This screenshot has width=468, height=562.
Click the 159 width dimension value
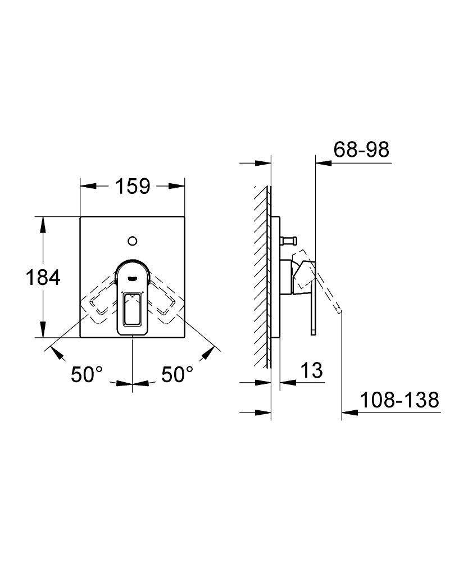tap(133, 185)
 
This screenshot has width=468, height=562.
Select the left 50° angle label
tap(87, 374)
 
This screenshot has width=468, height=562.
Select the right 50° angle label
tap(177, 374)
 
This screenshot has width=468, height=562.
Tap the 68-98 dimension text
tap(361, 150)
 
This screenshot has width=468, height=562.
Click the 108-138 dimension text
tap(399, 400)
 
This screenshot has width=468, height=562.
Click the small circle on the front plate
tap(133, 241)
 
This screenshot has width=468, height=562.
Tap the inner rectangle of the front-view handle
tap(133, 309)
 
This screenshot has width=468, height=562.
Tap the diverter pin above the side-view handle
tap(288, 241)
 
